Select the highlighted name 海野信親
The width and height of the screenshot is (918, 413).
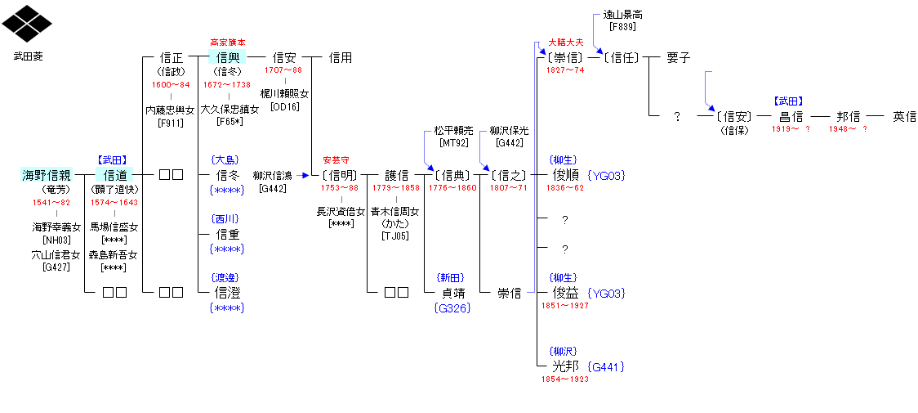point(47,174)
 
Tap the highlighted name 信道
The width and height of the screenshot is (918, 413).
point(114,174)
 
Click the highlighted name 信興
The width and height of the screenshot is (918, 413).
point(227,57)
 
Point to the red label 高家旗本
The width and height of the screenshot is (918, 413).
point(227,42)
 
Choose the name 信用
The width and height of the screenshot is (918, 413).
point(341,57)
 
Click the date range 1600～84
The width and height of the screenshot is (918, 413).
point(171,84)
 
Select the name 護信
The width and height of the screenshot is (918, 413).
point(397,174)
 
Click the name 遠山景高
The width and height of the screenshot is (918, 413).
point(622,15)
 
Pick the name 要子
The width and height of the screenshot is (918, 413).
point(678,57)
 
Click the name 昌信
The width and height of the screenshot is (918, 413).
point(791,116)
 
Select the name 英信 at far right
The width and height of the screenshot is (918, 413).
point(904,116)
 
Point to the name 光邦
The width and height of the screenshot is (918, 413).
point(565,366)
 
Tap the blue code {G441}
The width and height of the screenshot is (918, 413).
point(607,367)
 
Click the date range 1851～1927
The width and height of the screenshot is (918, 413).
point(565,305)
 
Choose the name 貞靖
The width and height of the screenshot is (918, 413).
point(452,293)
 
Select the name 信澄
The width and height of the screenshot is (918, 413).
point(227,292)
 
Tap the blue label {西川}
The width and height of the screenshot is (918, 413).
point(226,219)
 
